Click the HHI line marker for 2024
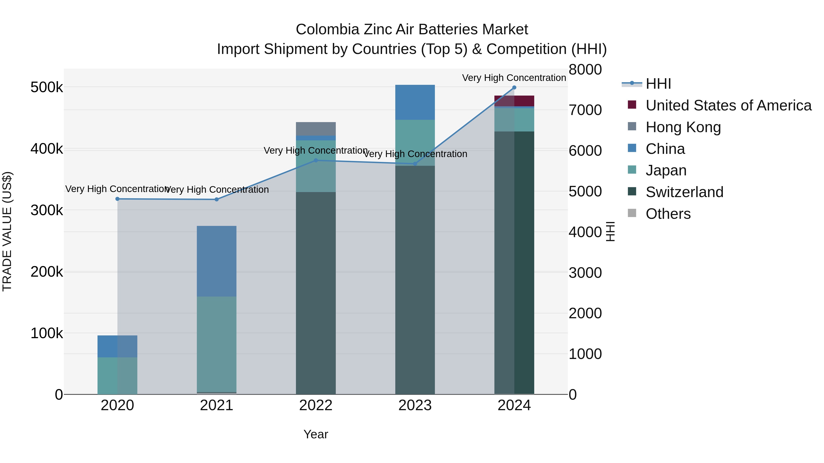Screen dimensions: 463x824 (514, 88)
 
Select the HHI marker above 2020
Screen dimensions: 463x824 (117, 199)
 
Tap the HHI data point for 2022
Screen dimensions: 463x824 (316, 161)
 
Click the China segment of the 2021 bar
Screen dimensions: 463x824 (217, 261)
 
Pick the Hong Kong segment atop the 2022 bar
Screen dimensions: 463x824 (316, 129)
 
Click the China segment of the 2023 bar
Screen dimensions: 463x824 (415, 102)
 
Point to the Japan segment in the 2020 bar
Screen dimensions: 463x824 (117, 375)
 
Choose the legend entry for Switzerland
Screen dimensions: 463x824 (684, 192)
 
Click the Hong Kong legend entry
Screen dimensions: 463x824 (683, 127)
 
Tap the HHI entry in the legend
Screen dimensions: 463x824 (658, 84)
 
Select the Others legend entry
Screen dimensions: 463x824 (668, 214)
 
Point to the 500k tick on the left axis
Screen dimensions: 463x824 (47, 87)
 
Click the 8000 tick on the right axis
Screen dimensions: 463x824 (585, 70)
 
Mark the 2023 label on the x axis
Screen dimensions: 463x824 (415, 405)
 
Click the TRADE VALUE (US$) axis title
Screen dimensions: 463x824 (7, 231)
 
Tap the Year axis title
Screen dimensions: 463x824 (316, 434)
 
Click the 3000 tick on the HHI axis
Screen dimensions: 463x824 (585, 273)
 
